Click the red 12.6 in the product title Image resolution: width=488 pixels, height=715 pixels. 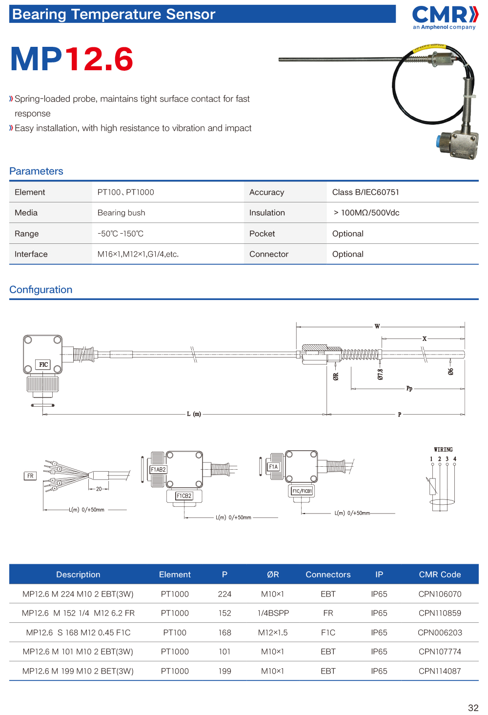point(99,60)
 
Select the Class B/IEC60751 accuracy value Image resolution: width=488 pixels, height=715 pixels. point(366,192)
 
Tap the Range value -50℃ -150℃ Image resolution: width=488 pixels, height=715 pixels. point(121,234)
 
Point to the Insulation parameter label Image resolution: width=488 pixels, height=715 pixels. point(267,213)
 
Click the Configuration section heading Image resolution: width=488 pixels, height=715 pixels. point(41,290)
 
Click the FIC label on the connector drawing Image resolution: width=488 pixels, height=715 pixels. point(43,364)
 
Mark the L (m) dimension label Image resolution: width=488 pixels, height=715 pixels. point(194,414)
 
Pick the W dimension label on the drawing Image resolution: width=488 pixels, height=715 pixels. point(377,326)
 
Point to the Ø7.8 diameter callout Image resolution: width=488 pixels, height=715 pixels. point(380,374)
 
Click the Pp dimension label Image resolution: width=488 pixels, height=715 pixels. point(409,389)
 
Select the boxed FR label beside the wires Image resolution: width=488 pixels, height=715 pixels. point(30,476)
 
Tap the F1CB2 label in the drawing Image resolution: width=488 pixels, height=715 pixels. point(184,496)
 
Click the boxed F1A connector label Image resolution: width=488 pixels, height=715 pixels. point(273,467)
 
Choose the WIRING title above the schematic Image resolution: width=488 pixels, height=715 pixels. point(443,450)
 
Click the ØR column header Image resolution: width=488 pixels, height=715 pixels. point(273,575)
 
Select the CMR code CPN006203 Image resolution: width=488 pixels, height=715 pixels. point(440,633)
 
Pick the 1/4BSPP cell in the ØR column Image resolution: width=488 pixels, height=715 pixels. point(273,613)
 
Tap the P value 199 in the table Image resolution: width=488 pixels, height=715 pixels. point(224,671)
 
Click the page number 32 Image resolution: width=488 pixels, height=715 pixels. point(473,708)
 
